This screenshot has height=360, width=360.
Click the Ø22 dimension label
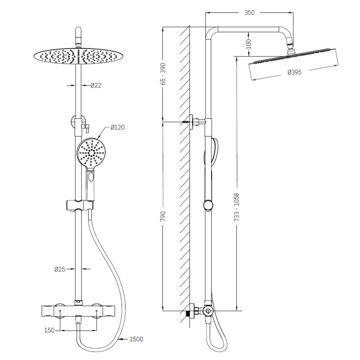point(96,85)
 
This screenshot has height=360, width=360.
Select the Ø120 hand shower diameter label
point(117,127)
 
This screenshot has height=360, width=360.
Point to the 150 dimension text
point(49,330)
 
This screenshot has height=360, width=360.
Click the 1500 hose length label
point(136,339)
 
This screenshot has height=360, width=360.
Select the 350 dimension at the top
point(249,13)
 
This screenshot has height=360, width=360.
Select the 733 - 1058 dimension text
point(237,207)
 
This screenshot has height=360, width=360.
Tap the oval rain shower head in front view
point(78,56)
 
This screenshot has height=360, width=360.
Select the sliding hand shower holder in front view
point(80,204)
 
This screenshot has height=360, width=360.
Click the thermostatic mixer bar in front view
point(78,311)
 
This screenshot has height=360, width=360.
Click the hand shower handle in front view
point(90,182)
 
